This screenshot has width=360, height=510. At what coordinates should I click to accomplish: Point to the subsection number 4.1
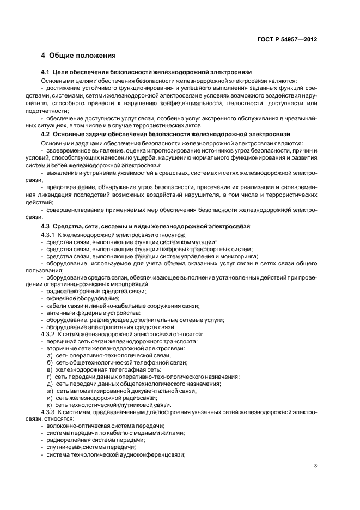(x=45, y=72)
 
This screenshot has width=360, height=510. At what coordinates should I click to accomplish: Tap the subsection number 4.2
(x=45, y=134)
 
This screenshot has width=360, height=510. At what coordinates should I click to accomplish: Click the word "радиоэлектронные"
(x=71, y=292)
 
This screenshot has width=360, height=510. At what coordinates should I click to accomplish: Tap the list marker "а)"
(x=50, y=355)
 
